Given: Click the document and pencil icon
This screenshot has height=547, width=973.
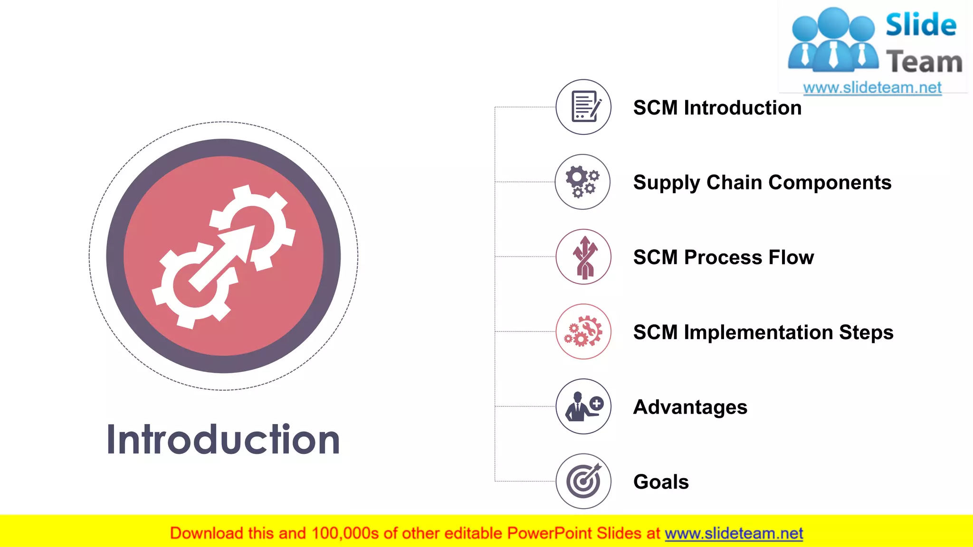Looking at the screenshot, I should click(x=583, y=107).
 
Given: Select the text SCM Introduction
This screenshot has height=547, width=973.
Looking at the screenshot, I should click(x=717, y=108).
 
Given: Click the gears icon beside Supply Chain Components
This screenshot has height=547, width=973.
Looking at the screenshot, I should click(x=582, y=182).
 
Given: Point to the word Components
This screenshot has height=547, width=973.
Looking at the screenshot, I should click(x=830, y=183).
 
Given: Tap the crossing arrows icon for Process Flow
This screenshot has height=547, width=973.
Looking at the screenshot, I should click(x=583, y=257).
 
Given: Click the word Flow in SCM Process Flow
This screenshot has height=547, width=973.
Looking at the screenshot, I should click(x=791, y=257).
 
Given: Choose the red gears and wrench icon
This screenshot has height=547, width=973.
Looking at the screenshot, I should click(x=583, y=331).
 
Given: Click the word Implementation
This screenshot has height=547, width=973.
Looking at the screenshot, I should click(x=758, y=332).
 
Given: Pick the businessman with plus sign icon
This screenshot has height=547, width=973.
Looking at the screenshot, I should click(x=583, y=406).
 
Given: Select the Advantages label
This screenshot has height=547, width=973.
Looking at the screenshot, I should click(x=690, y=407).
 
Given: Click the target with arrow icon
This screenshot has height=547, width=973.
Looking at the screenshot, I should click(x=583, y=481).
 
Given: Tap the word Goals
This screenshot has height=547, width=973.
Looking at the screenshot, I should click(x=661, y=482).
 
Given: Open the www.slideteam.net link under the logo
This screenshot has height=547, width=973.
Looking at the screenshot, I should click(x=872, y=88).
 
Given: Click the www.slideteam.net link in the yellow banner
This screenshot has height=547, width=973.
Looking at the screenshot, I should click(x=734, y=534).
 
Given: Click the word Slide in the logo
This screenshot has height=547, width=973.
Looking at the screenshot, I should click(x=921, y=25).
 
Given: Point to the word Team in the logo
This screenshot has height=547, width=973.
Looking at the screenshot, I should click(x=924, y=62).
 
